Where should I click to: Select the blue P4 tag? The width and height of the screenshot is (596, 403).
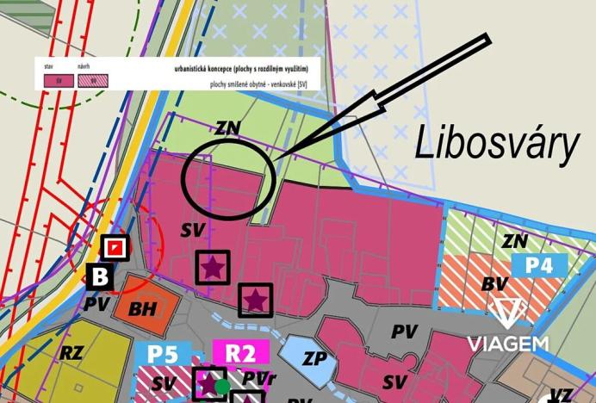[x=539, y=264]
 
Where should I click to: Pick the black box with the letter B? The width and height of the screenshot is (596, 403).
[x=99, y=276]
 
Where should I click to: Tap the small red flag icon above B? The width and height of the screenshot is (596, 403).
[x=114, y=248]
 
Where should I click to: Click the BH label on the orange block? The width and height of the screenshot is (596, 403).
[x=145, y=309]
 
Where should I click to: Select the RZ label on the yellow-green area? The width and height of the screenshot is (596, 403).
[x=71, y=351]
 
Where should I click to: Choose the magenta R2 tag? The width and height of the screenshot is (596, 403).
[x=241, y=353]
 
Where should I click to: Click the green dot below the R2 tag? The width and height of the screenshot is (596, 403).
[x=222, y=387]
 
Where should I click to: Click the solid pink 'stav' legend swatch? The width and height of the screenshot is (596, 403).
[x=59, y=81]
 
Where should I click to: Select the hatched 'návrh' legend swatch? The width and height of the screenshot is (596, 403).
[x=89, y=81]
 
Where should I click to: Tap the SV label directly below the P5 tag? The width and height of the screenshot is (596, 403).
[x=165, y=380]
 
